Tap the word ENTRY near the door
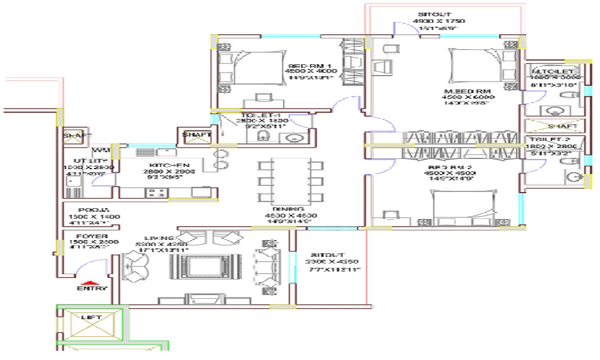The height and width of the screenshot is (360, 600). (92, 289)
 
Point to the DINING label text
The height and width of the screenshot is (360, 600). (290, 208)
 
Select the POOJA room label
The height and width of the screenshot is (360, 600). (86, 210)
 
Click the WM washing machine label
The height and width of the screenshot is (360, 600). (100, 150)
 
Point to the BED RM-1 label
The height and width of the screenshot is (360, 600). (311, 66)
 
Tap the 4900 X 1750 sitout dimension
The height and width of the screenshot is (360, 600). (439, 21)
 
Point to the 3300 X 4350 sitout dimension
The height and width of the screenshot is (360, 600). (332, 262)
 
